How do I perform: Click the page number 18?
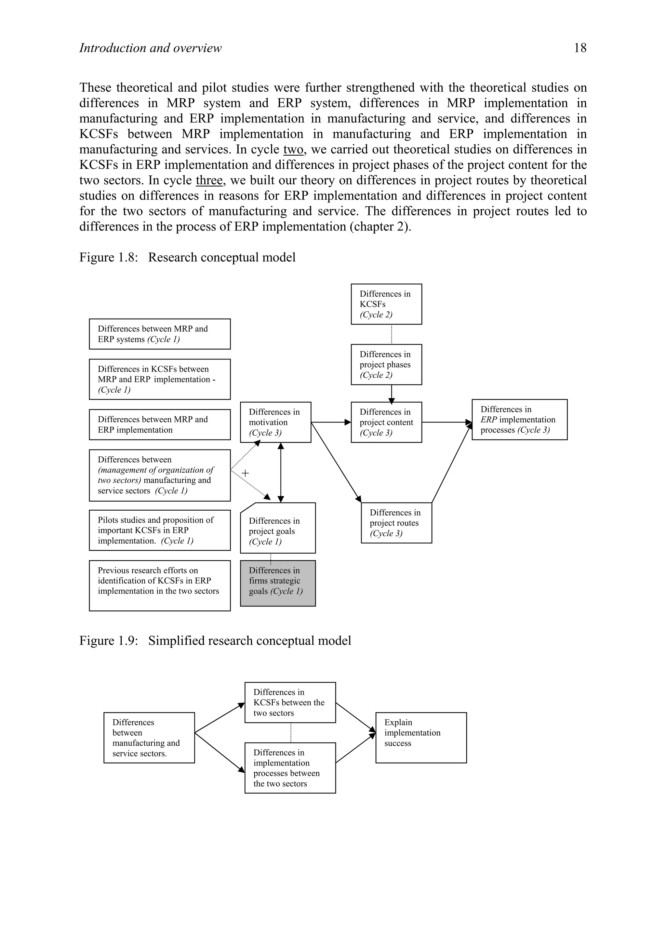click(580, 48)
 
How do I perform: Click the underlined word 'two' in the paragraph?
click(293, 149)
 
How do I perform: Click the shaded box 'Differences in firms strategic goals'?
click(278, 583)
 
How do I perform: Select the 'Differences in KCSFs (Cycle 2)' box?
click(386, 304)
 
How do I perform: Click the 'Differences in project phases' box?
click(386, 364)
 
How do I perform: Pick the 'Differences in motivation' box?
click(275, 422)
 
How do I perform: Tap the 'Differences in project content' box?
click(386, 422)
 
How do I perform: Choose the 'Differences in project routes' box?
click(396, 523)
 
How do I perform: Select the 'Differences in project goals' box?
click(278, 528)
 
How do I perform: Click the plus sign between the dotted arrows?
click(246, 473)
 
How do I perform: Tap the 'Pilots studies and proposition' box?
click(160, 530)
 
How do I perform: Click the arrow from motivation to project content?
click(331, 422)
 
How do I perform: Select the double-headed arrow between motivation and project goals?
click(281, 473)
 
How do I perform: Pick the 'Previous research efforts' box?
click(160, 585)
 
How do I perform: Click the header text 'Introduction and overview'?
click(150, 48)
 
